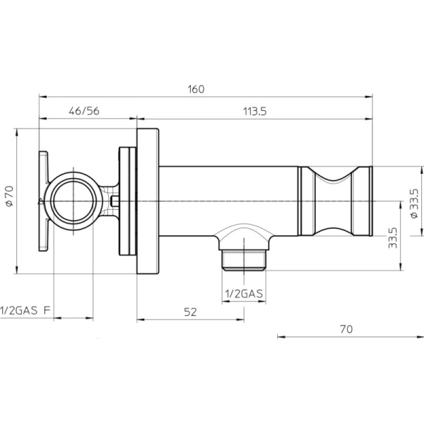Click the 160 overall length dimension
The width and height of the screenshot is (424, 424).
coord(196,89)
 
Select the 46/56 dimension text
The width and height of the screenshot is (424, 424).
coord(84,111)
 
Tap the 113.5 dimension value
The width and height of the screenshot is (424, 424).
coord(255,111)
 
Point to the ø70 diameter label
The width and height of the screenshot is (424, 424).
coord(9,196)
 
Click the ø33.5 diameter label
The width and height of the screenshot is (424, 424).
coord(414,203)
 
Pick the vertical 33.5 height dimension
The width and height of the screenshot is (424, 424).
coord(392,237)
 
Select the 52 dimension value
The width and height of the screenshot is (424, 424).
coord(190,312)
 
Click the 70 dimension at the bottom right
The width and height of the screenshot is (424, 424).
coord(346,329)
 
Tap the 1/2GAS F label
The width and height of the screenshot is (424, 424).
coord(25,310)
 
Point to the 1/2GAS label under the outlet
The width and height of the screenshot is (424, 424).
coord(244,293)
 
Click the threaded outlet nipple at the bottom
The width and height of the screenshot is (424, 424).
coord(244,260)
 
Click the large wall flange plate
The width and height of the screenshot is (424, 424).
coord(148,201)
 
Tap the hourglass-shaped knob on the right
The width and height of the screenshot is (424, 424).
coord(335,201)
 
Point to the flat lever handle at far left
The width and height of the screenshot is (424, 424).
coord(43,201)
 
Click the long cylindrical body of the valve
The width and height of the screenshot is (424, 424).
coord(228,201)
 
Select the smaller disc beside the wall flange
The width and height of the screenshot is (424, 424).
coord(128,201)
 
